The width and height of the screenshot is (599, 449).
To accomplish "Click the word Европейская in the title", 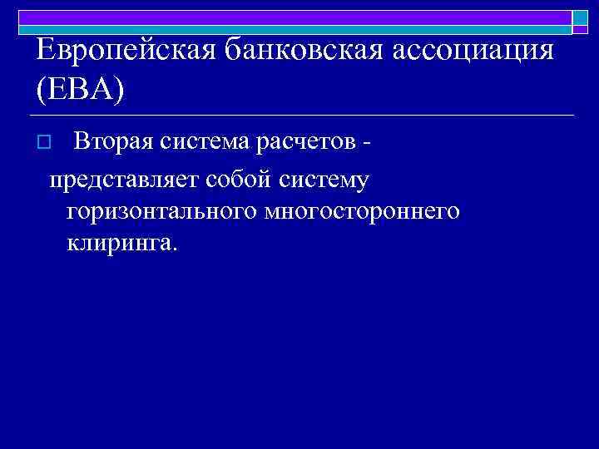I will (126, 52).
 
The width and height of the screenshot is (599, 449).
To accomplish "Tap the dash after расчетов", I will (368, 143).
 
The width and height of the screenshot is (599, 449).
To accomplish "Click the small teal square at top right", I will (580, 17).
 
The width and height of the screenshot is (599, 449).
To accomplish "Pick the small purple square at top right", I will (580, 30).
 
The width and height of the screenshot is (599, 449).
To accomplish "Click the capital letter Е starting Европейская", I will (46, 52).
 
